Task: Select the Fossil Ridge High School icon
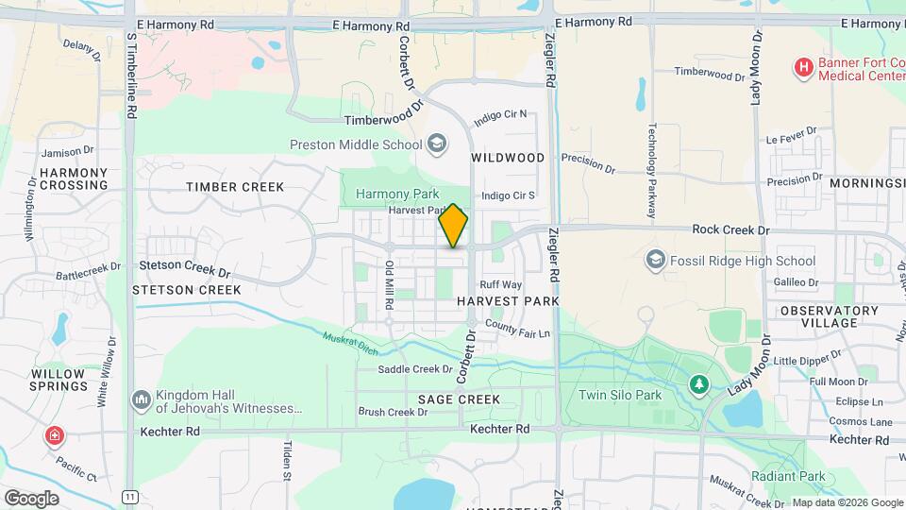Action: pyautogui.click(x=656, y=260)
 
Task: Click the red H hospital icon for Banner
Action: pyautogui.click(x=803, y=67)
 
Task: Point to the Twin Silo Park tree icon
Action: pyautogui.click(x=698, y=384)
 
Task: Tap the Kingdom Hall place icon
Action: pyautogui.click(x=142, y=401)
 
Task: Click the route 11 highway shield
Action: pyautogui.click(x=129, y=496)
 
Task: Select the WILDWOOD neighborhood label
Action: pyautogui.click(x=508, y=158)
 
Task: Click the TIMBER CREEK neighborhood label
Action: pyautogui.click(x=235, y=187)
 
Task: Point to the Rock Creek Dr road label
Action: pyautogui.click(x=730, y=229)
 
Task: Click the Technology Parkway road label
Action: pyautogui.click(x=651, y=170)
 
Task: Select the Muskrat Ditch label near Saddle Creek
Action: pyautogui.click(x=350, y=342)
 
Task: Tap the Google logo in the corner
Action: pyautogui.click(x=31, y=498)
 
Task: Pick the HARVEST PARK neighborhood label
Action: pyautogui.click(x=508, y=300)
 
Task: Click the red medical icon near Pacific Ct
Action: pyautogui.click(x=55, y=435)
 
